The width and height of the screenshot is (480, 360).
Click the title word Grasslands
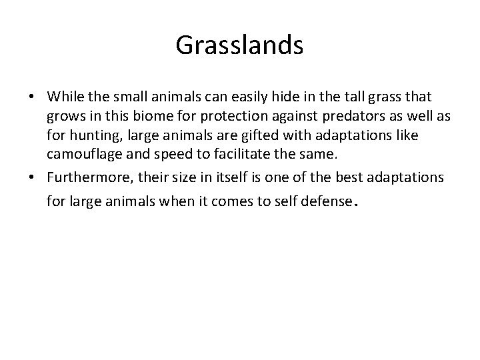[x=239, y=45]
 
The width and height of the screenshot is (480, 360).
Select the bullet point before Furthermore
[x=32, y=179]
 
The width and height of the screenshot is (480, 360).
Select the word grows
[x=64, y=117]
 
